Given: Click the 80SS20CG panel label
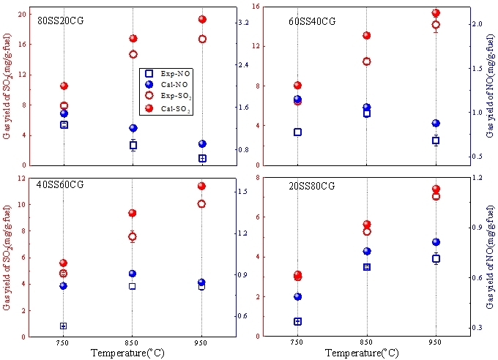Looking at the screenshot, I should [61, 20].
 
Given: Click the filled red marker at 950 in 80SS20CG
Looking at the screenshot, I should [202, 20].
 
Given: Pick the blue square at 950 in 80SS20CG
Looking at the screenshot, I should [202, 158].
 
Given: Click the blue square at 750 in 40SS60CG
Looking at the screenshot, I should [64, 326].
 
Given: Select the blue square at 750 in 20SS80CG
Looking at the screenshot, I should [298, 321].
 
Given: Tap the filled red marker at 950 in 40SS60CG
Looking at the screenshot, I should [202, 186].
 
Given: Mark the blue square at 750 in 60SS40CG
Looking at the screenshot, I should [298, 132].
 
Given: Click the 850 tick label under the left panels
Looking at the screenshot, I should [133, 342].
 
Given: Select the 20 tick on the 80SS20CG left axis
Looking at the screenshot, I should [22, 14].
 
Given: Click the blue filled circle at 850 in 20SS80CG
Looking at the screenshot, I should [367, 252].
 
